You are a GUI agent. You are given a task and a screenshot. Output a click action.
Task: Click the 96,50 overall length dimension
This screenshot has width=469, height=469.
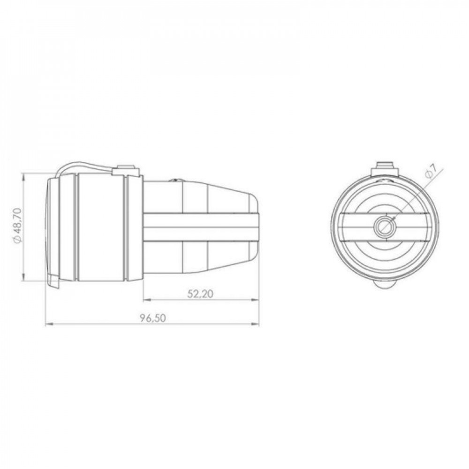[x=152, y=318]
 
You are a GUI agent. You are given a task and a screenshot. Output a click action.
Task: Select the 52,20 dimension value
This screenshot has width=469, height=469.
[x=200, y=294]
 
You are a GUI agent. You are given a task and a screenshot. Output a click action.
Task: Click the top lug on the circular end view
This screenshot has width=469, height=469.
[x=385, y=169]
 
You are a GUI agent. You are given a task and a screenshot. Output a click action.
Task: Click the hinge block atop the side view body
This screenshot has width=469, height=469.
[x=126, y=170]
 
